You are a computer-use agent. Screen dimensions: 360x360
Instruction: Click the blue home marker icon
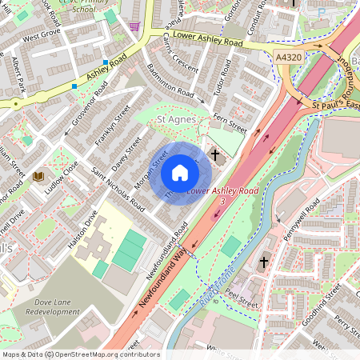pyautogui.click(x=180, y=174)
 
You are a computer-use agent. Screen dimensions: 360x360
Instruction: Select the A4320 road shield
pyautogui.click(x=289, y=58)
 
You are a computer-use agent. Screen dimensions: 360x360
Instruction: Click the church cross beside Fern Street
pyautogui.click(x=214, y=154)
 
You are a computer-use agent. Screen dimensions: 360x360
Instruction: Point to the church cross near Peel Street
pyautogui.click(x=264, y=262)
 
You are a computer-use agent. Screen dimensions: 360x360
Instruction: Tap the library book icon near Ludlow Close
pyautogui.click(x=39, y=176)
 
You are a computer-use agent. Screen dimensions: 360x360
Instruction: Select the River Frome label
pyautogui.click(x=207, y=289)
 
